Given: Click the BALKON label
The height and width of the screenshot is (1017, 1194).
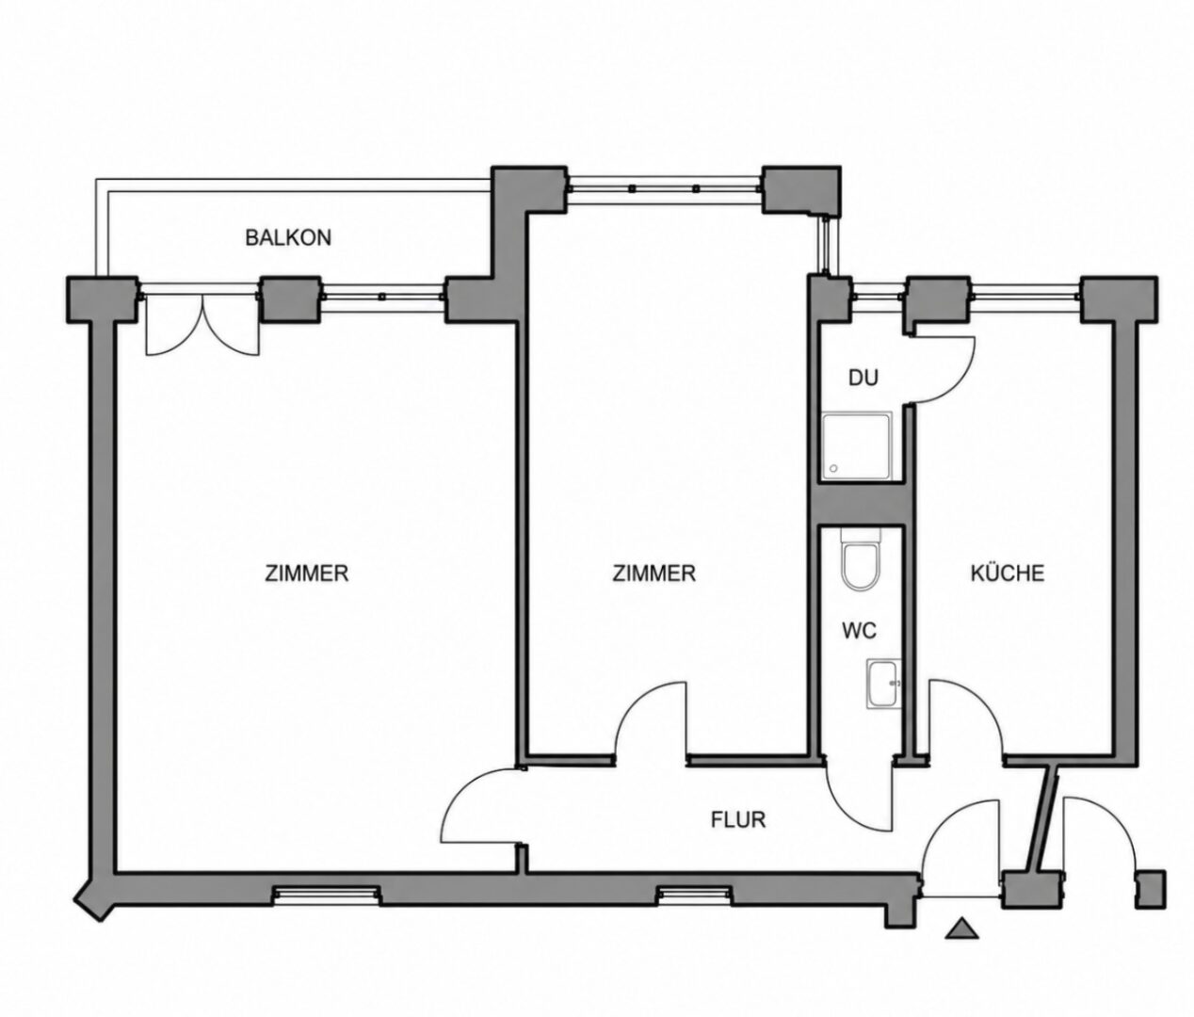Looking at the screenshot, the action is [x=287, y=238].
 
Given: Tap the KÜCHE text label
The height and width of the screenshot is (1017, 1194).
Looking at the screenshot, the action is [x=1007, y=573].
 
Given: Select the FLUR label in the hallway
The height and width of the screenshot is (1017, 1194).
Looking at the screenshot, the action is [x=737, y=819].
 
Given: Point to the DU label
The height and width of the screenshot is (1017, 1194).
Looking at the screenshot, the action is [x=863, y=378].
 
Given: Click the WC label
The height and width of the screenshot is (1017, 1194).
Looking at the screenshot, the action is [x=859, y=630].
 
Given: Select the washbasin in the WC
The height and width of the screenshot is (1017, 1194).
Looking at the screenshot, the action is [x=882, y=685].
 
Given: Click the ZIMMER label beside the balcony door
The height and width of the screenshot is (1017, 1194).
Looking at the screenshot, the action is [x=306, y=573].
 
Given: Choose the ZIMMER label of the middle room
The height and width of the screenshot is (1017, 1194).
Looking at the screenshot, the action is [x=653, y=573].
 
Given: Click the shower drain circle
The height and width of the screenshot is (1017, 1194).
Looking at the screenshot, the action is [x=833, y=469].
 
